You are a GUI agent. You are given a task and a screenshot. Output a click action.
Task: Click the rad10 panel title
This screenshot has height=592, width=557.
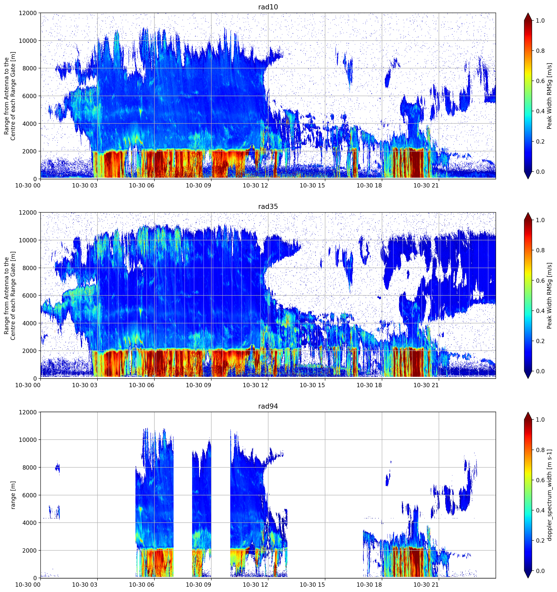(x=268, y=7)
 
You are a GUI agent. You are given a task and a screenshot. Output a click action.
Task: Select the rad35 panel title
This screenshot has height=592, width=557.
(x=268, y=206)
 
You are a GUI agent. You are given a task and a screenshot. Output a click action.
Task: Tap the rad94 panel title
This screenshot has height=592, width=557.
(x=268, y=406)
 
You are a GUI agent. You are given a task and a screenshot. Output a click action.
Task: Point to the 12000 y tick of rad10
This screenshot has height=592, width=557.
(x=28, y=13)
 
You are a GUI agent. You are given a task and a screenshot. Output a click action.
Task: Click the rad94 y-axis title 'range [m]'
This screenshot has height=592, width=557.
(x=13, y=495)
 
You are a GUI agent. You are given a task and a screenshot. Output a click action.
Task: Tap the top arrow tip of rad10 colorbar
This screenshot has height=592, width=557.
(x=528, y=13)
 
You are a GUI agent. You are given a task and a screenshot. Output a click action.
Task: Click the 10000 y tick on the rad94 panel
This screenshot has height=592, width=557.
(x=28, y=440)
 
